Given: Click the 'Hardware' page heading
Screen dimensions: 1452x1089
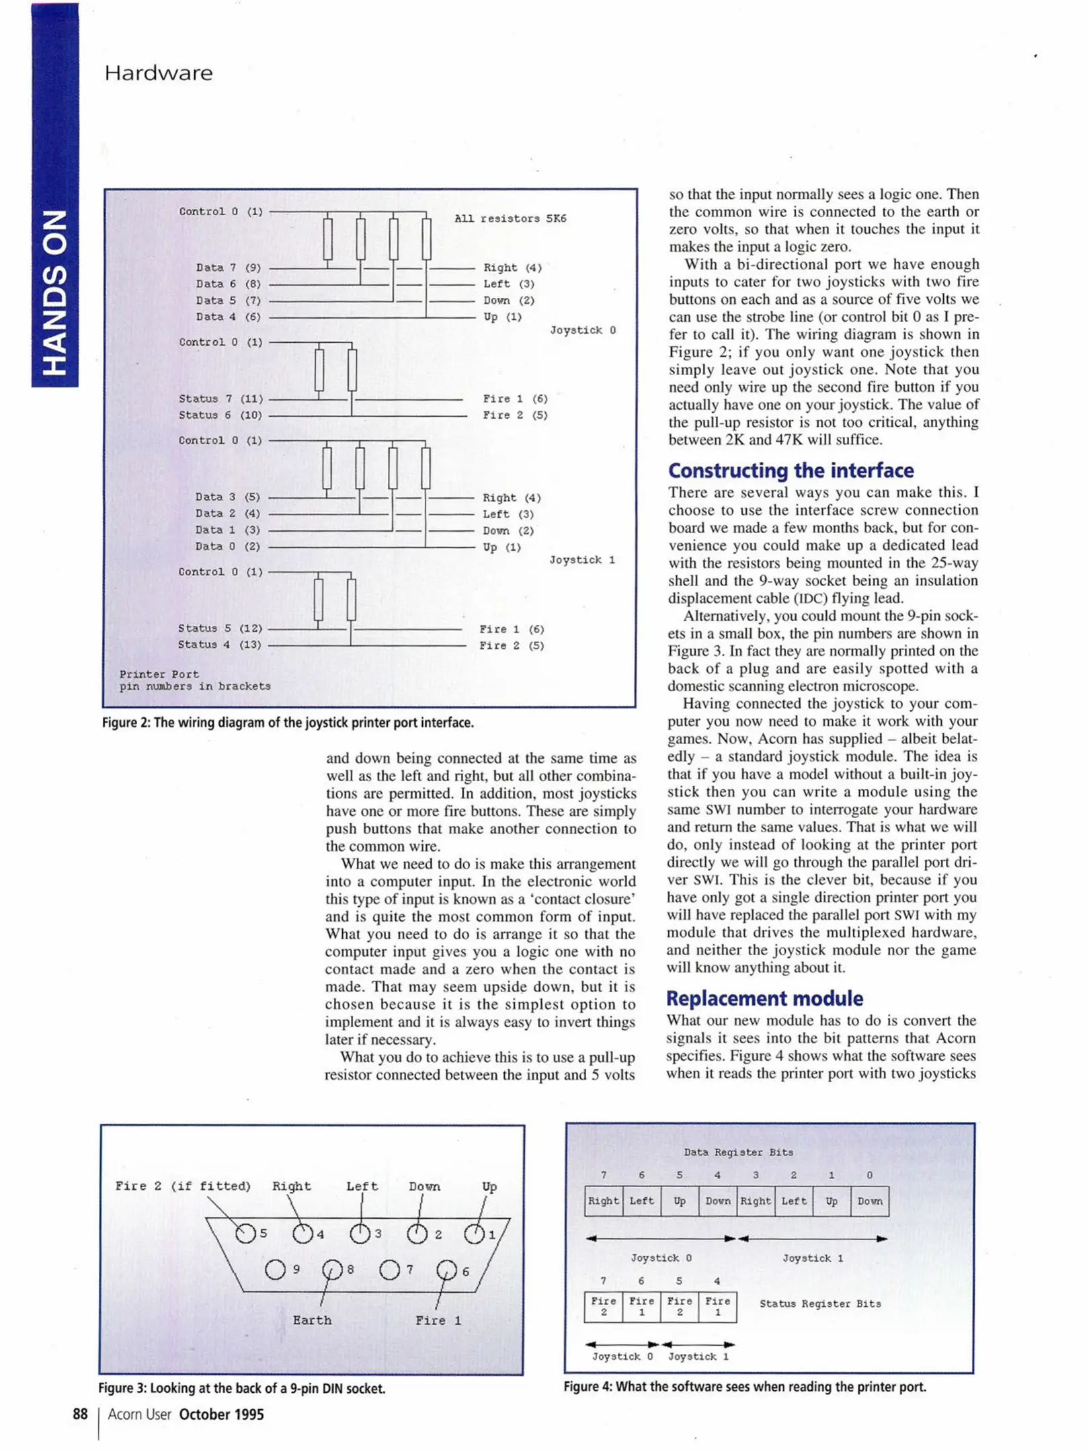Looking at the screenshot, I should (159, 73).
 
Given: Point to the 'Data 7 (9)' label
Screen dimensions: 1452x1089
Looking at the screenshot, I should (228, 268).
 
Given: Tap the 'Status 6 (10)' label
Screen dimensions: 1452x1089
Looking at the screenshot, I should (220, 415).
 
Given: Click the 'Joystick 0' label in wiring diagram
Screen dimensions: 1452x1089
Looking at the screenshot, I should (582, 330).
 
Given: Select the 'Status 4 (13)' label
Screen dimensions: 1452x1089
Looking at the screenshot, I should (219, 645).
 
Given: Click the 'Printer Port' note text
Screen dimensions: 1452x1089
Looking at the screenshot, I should (159, 674).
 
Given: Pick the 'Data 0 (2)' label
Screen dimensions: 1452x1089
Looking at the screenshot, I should (227, 547).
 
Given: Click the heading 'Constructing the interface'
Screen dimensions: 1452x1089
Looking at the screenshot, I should (791, 470).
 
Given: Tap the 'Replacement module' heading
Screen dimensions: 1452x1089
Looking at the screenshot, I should (764, 998).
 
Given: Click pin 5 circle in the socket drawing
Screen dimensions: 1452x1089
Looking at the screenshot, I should (245, 1234).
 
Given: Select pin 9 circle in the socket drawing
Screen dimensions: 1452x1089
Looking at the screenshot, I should (275, 1270).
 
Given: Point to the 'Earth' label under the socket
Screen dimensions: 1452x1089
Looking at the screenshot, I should (312, 1320).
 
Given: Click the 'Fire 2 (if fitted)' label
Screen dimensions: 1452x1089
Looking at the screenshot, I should (183, 1186).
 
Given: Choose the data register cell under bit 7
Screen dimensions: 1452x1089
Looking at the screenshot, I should (603, 1201).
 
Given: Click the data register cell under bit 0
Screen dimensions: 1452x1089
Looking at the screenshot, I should (869, 1201).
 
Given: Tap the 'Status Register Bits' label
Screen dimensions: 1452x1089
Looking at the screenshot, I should (819, 1303).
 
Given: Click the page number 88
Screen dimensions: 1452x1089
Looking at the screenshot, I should (80, 1414).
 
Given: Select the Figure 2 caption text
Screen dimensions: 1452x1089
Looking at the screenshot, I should (288, 723).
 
